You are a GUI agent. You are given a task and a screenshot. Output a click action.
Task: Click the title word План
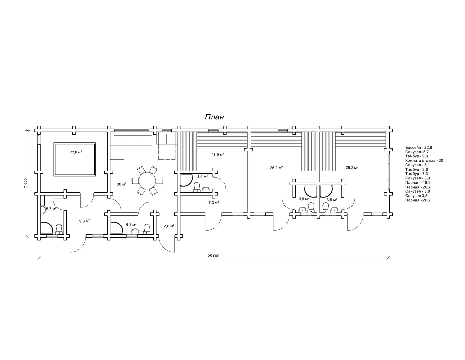tap(215, 117)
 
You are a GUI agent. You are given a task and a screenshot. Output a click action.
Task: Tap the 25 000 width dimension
tap(213, 256)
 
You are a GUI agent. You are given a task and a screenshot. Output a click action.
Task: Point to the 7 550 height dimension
tap(26, 183)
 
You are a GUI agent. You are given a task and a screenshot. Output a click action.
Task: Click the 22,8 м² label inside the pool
tap(76, 152)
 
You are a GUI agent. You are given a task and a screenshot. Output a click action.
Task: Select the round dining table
tap(147, 180)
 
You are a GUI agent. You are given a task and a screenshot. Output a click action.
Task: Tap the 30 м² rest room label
tap(122, 184)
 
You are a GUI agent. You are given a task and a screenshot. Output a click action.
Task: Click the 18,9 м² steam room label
tap(218, 154)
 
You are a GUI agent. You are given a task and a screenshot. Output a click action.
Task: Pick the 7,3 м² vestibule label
tap(214, 202)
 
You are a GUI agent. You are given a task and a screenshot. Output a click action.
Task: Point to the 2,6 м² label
tap(169, 226)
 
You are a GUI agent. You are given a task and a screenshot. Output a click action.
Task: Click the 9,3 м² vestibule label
tap(84, 221)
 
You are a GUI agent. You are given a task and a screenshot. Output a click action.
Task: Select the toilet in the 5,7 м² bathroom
tap(59, 229)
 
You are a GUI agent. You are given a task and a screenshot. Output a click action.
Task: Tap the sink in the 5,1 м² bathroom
tap(135, 231)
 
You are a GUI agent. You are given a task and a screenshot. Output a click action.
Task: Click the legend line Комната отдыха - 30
tap(424, 160)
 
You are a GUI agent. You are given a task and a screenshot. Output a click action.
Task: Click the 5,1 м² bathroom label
tap(131, 225)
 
